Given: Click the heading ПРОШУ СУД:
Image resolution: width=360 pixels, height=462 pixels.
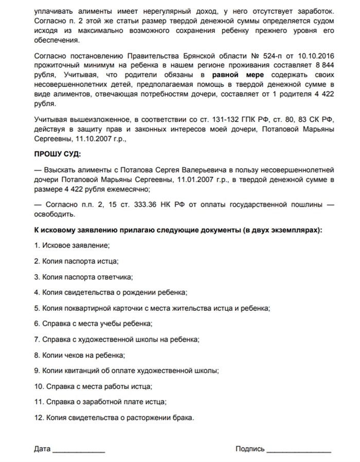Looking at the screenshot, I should click(x=58, y=153).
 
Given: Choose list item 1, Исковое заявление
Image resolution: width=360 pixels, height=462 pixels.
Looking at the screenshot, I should click(x=71, y=245).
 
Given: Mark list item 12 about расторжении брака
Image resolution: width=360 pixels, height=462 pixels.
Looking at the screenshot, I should click(x=114, y=417).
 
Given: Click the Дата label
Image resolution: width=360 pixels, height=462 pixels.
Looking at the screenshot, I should click(x=42, y=449).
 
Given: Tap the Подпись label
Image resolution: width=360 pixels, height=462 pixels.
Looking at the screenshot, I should click(x=250, y=449).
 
